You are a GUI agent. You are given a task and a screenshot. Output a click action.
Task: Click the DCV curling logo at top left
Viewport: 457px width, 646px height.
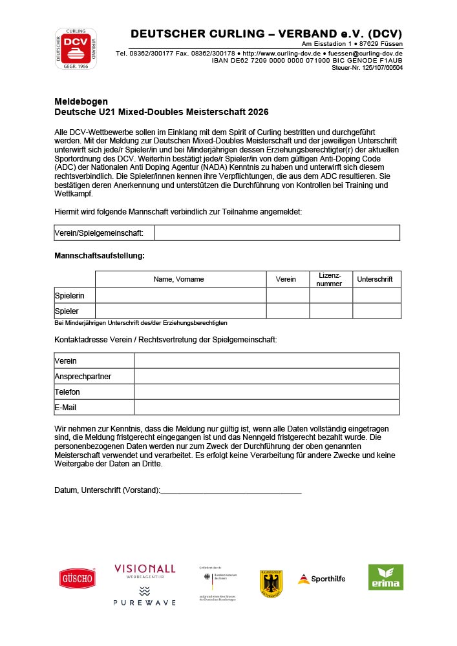tap(76, 48)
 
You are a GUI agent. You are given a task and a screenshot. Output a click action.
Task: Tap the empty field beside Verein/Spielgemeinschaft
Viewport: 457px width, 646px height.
tap(277, 233)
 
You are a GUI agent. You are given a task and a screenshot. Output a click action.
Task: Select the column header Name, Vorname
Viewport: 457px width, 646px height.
tap(178, 279)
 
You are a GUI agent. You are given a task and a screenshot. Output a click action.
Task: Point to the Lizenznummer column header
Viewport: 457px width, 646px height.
tap(330, 279)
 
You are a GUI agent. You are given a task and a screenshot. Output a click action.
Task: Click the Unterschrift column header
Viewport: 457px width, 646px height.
tap(376, 279)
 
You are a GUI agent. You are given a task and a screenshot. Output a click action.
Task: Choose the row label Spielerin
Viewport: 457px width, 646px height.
tap(69, 295)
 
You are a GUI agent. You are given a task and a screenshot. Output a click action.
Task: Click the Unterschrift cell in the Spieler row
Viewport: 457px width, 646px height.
tap(376, 311)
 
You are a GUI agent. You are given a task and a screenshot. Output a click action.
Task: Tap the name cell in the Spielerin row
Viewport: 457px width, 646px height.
tap(180, 295)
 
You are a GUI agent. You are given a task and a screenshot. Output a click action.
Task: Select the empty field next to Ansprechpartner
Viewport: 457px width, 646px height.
tap(266, 376)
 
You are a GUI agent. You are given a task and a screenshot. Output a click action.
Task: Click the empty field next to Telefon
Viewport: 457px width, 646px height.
tap(266, 391)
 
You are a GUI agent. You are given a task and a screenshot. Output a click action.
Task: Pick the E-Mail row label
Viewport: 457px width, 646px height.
tap(66, 407)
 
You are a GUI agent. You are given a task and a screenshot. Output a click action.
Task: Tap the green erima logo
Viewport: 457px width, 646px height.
tap(386, 577)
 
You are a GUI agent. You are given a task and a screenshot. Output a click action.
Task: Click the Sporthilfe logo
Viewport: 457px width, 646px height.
tap(321, 579)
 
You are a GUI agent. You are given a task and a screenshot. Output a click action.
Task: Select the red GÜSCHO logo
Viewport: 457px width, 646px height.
tap(78, 578)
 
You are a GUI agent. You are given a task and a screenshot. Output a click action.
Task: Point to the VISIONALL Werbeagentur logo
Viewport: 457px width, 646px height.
tap(145, 571)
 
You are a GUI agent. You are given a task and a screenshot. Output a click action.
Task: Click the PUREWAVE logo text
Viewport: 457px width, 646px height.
tap(145, 602)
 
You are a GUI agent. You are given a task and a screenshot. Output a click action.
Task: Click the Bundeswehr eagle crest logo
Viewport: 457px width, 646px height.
tap(271, 583)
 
